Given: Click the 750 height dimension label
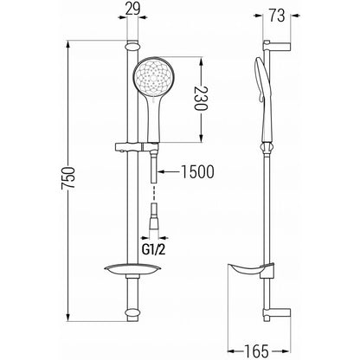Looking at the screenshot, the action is click(68, 178).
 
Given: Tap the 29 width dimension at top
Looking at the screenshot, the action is click(132, 9).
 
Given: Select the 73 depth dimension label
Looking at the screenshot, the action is click(277, 16).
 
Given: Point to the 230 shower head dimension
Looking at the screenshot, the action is click(201, 99).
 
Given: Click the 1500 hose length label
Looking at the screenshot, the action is click(197, 171).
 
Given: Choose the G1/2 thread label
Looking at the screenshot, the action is click(154, 249).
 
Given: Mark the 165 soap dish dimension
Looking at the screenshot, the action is click(256, 350).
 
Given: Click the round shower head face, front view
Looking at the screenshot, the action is click(153, 76).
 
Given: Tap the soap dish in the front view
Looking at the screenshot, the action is click(132, 269).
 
